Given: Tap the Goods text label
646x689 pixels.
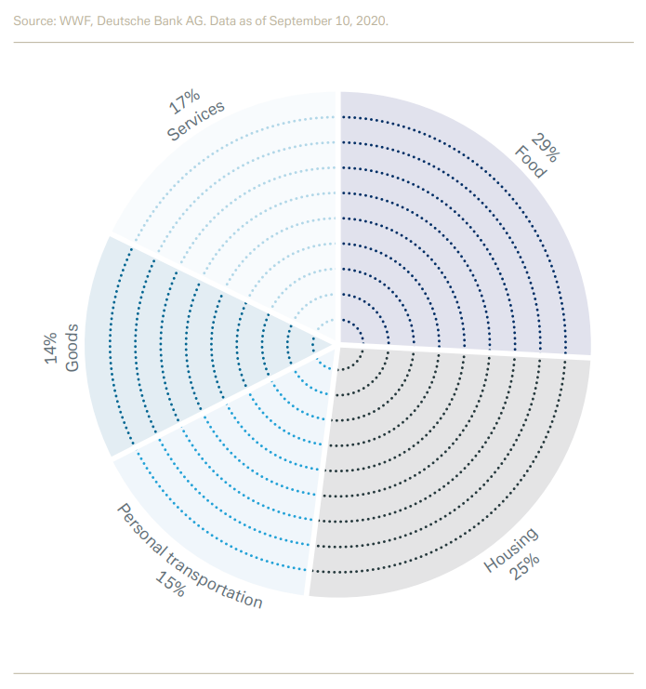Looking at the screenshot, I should (73, 350).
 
